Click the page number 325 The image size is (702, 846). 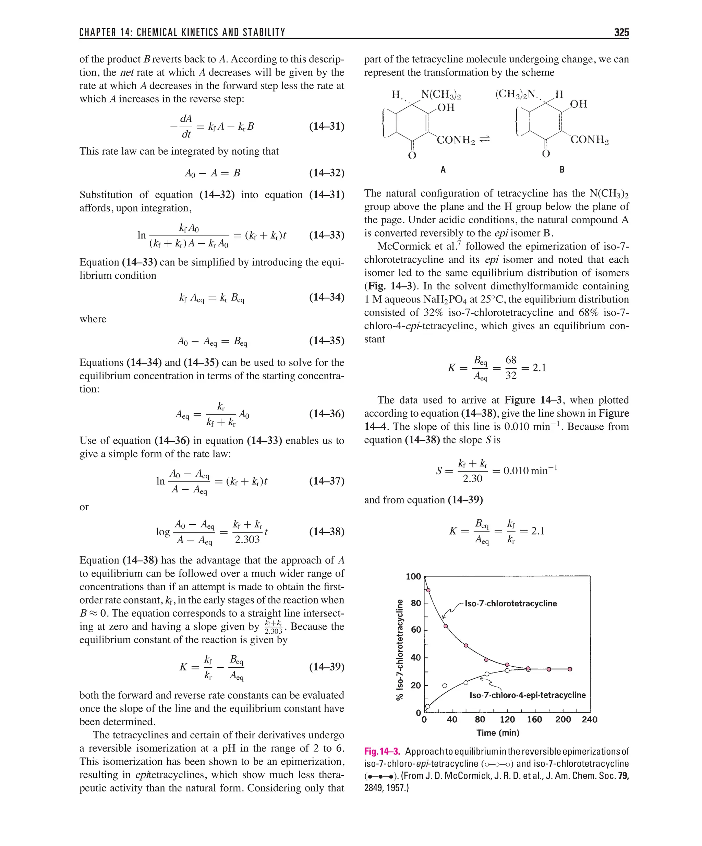(621, 32)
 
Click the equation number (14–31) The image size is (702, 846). (327, 127)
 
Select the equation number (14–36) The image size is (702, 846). (327, 414)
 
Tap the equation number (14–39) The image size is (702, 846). (327, 667)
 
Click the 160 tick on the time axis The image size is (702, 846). (534, 719)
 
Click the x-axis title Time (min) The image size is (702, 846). (498, 733)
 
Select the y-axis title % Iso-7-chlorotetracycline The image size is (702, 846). (400, 650)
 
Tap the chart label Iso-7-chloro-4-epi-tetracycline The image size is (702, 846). (527, 695)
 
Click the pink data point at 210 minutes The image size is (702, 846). (569, 669)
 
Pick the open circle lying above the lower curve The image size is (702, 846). (445, 685)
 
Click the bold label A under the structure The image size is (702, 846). (443, 170)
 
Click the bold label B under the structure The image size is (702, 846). (562, 170)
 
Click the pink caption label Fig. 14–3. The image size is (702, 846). (382, 751)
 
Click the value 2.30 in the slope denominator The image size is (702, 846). (472, 479)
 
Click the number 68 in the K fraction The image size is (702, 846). (511, 360)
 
